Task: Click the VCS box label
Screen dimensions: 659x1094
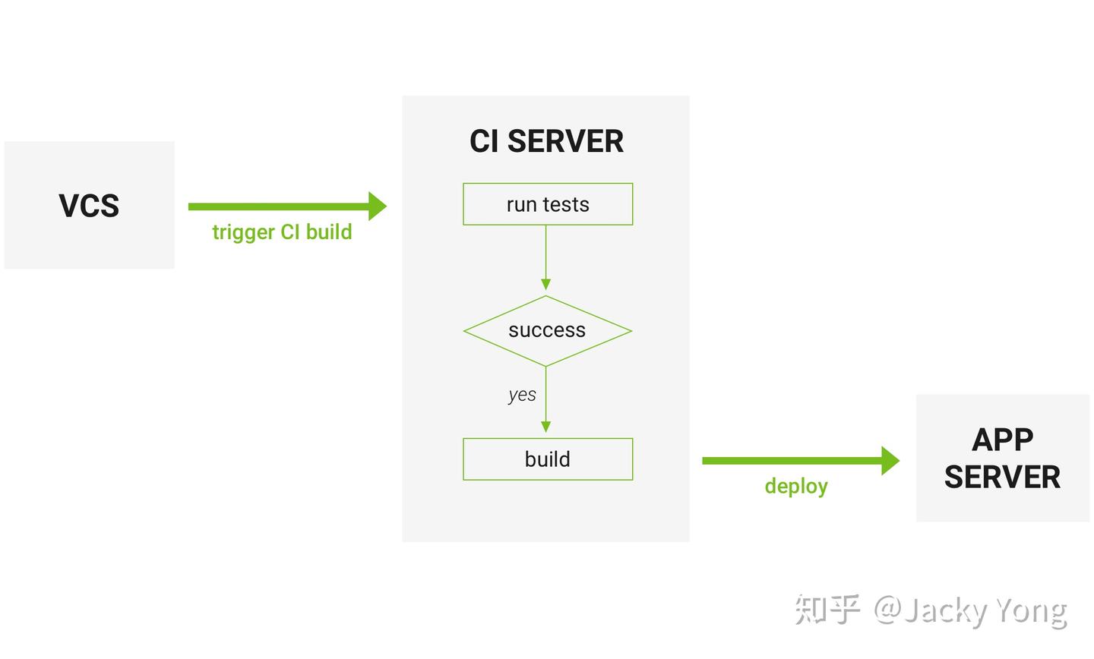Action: click(89, 206)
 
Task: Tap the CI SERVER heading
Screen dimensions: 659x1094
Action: click(546, 141)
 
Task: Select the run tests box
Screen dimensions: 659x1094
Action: click(548, 204)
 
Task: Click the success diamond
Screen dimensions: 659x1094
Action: click(547, 330)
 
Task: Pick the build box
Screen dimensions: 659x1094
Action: click(548, 459)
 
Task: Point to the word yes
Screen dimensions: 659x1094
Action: click(522, 395)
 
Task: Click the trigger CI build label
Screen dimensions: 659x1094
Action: click(282, 232)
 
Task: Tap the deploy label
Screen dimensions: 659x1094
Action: click(796, 486)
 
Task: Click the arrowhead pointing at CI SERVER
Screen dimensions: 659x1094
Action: click(377, 206)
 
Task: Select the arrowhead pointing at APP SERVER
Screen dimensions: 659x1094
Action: click(890, 461)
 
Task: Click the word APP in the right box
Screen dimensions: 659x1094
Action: click(1002, 440)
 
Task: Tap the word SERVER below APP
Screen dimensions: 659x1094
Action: click(1002, 478)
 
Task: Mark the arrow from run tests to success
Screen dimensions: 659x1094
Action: click(545, 258)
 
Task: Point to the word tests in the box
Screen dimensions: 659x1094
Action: click(565, 204)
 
